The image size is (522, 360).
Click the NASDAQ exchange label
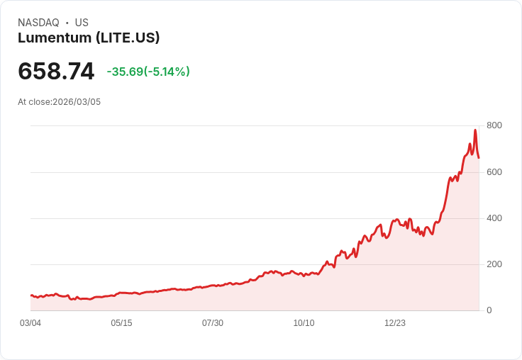[x=38, y=23]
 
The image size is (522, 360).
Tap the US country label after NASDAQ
[x=82, y=23]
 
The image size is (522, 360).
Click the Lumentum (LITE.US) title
[x=89, y=38]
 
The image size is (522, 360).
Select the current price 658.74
[x=56, y=72]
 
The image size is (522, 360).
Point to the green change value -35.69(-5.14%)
[x=148, y=72]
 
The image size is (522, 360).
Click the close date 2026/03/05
[x=77, y=102]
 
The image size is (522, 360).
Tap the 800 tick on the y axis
[x=494, y=125]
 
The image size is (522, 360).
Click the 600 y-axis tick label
[x=494, y=172]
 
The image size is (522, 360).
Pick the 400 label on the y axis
[x=494, y=218]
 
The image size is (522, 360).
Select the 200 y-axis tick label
[x=494, y=264]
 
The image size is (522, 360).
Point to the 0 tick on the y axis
[x=489, y=310]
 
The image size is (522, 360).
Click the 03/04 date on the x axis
[x=30, y=323]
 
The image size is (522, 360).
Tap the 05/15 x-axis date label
[x=121, y=323]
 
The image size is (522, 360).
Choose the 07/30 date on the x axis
[x=213, y=323]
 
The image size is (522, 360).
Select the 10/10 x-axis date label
[x=304, y=323]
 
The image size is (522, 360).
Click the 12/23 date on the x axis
[x=395, y=323]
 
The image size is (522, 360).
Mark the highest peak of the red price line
[x=475, y=130]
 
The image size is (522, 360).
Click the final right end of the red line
[x=479, y=157]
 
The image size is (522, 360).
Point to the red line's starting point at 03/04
[x=30, y=296]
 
